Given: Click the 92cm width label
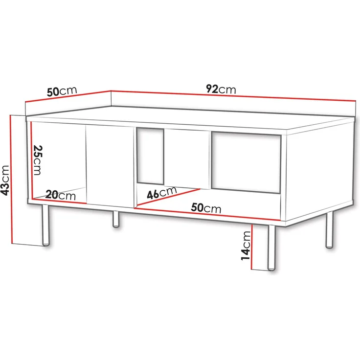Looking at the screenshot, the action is [221, 90].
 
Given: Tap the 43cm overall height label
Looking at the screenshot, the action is [5, 180].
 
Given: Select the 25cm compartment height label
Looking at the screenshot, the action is [38, 160].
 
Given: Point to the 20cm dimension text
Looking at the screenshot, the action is [60, 195].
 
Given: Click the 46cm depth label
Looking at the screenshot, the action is [162, 192].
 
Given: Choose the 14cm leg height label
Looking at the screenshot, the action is [246, 246].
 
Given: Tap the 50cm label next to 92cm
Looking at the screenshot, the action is [62, 91].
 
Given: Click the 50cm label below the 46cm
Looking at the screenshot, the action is [206, 208].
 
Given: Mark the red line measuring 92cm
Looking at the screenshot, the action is [233, 96].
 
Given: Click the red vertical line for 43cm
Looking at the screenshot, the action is [11, 179].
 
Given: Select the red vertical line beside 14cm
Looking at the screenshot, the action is [252, 247].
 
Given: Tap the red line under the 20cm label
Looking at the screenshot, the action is [59, 201].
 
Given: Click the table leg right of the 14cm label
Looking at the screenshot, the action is [271, 247].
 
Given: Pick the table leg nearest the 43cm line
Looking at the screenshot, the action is [45, 225].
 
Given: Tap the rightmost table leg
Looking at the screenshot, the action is [330, 230].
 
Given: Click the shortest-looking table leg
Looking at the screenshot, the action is [116, 219].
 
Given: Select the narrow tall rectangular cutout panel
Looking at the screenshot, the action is [150, 156].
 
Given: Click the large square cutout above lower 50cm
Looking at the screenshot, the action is [246, 162].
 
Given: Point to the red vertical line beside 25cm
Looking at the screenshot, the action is [31, 160].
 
